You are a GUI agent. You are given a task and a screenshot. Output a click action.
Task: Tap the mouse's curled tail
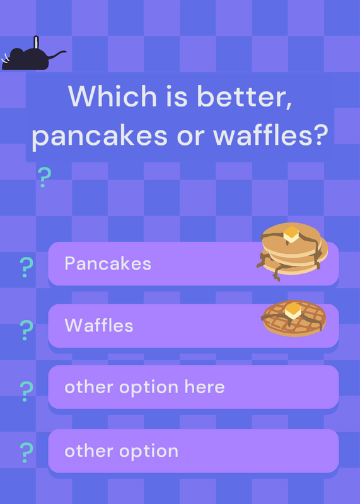click(57, 54)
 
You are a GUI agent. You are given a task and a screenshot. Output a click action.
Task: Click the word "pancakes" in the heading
click(100, 137)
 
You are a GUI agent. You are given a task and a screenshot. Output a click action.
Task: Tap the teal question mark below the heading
click(44, 177)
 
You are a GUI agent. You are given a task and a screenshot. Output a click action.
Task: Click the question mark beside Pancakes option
click(26, 267)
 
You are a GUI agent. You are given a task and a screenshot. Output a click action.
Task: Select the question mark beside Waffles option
click(26, 330)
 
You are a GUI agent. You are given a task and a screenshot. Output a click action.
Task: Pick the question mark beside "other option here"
click(26, 391)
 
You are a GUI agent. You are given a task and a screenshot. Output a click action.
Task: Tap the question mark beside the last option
click(26, 452)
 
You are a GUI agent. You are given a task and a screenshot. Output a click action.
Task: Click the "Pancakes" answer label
click(108, 263)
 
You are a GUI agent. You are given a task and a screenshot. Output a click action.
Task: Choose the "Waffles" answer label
click(99, 325)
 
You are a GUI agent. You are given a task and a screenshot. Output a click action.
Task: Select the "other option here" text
click(144, 387)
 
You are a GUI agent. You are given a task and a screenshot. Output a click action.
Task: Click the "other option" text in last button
click(121, 452)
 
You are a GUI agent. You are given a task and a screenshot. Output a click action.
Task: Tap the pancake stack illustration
click(292, 251)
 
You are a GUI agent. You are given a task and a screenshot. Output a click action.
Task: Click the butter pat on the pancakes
click(291, 234)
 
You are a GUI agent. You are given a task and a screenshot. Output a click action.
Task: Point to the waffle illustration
click(294, 318)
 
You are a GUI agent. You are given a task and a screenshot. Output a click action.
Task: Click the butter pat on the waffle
click(293, 311)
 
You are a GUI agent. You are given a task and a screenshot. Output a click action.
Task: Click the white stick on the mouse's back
click(37, 43)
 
